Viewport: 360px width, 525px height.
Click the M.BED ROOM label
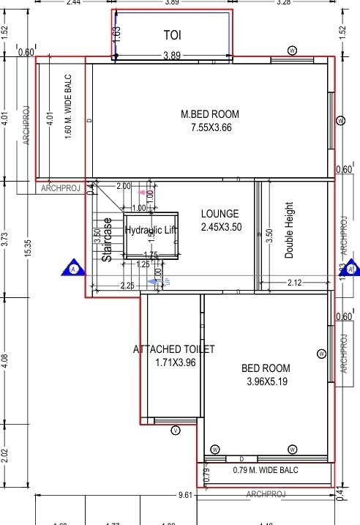point(209,114)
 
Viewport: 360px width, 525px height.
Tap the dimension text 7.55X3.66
point(209,127)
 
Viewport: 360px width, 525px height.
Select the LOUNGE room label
point(220,214)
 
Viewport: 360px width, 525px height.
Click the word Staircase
point(107,239)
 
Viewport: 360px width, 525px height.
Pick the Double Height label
point(289,230)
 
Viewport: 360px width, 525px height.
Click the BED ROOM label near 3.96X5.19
point(266,368)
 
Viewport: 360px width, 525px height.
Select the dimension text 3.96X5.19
point(266,381)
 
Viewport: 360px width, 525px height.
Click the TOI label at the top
point(171,34)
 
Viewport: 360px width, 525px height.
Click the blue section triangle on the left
point(74,268)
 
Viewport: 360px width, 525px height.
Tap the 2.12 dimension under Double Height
point(294,283)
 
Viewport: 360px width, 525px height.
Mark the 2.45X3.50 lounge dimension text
point(221,227)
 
